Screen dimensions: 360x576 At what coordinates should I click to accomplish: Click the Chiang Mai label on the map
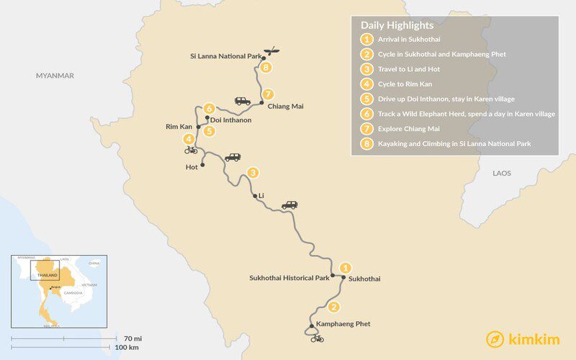[285, 107]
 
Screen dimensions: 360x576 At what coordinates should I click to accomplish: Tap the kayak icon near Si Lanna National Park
[271, 52]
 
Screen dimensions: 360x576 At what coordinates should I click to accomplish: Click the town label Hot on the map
[192, 166]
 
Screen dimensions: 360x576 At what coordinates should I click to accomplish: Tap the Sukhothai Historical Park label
[289, 277]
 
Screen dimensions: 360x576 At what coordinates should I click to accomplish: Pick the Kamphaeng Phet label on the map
[343, 324]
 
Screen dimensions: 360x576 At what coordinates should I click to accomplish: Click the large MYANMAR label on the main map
[55, 76]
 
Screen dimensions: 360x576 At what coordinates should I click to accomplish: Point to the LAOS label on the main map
[501, 174]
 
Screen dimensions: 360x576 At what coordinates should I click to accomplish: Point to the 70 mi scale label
[132, 337]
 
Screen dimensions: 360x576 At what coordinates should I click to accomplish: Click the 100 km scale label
[128, 348]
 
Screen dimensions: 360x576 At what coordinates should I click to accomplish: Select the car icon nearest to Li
[289, 205]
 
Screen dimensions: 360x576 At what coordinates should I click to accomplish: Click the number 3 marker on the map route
[252, 173]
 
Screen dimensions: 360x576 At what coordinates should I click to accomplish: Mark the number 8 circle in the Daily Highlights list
[367, 144]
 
